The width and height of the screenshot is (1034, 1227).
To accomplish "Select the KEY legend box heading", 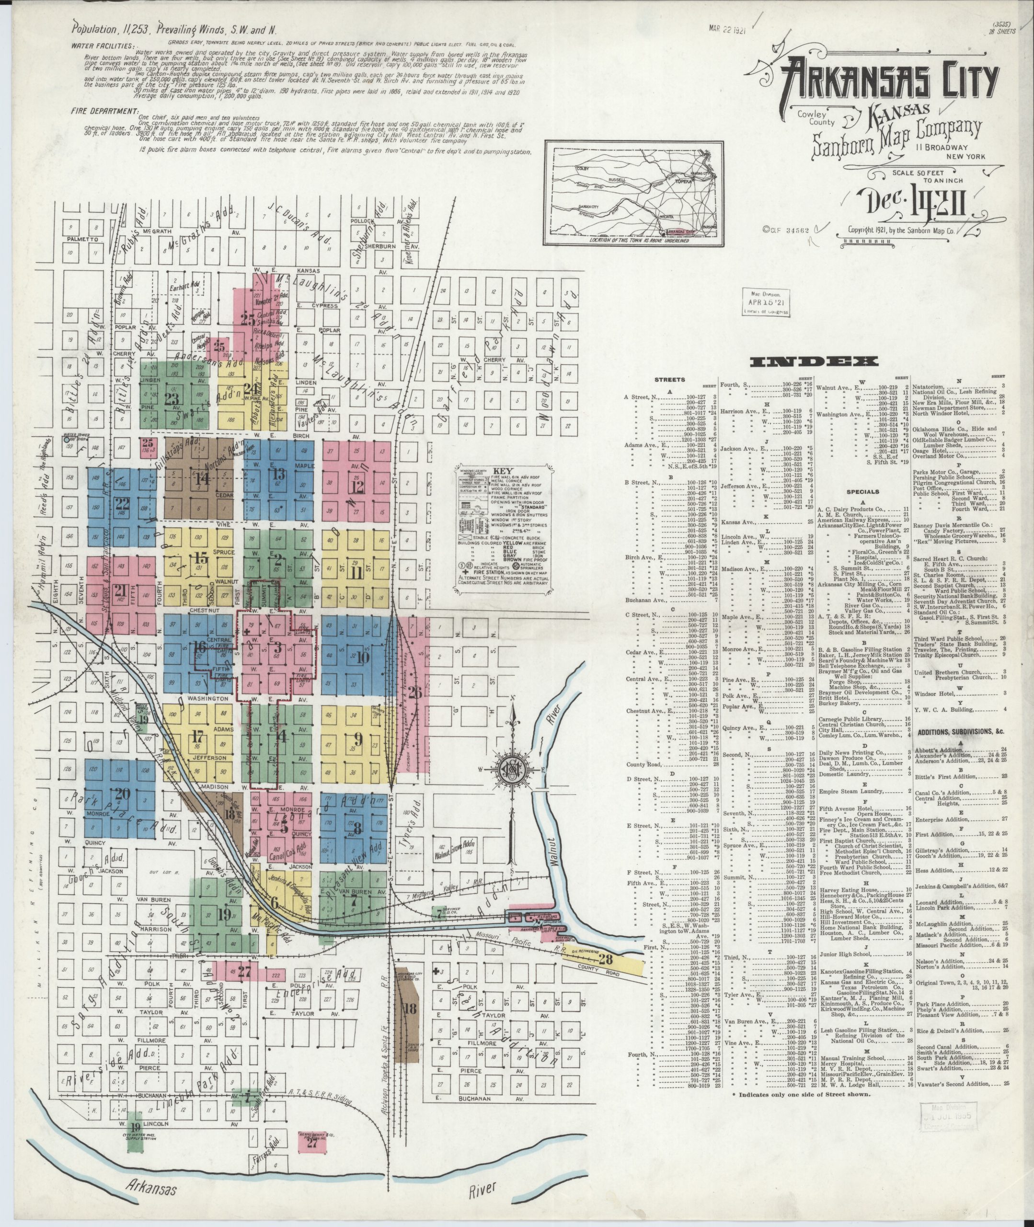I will (x=499, y=471).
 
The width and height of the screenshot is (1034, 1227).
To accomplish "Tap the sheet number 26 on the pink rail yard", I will (x=415, y=676).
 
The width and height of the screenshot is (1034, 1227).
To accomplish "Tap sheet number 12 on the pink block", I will (x=356, y=486).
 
